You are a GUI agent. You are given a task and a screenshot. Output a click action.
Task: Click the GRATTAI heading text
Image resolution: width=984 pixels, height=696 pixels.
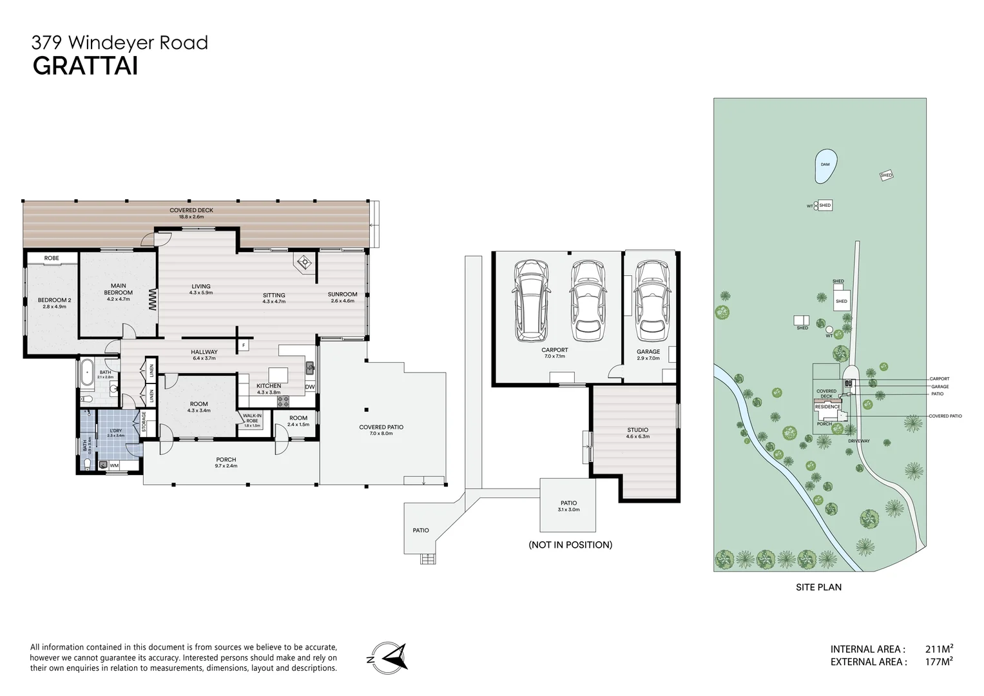tap(85, 66)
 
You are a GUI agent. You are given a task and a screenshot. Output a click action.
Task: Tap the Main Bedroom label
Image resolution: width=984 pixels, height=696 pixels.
tap(118, 289)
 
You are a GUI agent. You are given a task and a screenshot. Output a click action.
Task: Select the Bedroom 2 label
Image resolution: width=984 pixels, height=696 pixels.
tap(54, 300)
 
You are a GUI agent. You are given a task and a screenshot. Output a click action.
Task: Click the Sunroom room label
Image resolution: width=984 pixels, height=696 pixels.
tap(342, 295)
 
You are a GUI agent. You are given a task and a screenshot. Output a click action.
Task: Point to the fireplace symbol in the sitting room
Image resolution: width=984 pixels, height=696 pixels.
tap(303, 262)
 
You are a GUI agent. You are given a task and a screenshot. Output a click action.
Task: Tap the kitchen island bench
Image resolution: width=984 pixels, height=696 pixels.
tap(278, 374)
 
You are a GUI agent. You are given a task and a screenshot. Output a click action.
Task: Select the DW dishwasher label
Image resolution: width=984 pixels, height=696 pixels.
tap(310, 387)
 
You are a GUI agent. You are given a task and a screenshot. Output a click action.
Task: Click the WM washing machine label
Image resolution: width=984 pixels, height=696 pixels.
tap(114, 465)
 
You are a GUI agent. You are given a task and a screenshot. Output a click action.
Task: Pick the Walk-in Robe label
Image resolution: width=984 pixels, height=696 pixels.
tap(252, 418)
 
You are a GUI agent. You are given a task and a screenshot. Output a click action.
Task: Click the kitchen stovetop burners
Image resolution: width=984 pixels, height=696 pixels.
tap(284, 401)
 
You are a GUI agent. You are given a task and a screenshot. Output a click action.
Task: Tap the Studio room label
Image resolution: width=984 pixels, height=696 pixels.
tap(637, 430)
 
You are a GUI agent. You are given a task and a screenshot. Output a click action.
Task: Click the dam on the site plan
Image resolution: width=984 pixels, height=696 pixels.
tap(825, 164)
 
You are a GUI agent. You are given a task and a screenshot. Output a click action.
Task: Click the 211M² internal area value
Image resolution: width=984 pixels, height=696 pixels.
tap(939, 649)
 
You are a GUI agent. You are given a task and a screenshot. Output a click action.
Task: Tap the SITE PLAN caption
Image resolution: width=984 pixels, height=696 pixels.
tap(818, 587)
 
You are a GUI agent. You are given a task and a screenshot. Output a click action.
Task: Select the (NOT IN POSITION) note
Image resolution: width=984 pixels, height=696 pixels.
tap(570, 545)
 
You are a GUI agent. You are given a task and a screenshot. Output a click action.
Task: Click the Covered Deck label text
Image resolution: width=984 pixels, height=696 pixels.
tap(191, 210)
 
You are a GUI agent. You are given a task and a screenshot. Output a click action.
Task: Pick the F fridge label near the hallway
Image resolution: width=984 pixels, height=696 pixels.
tap(243, 346)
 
